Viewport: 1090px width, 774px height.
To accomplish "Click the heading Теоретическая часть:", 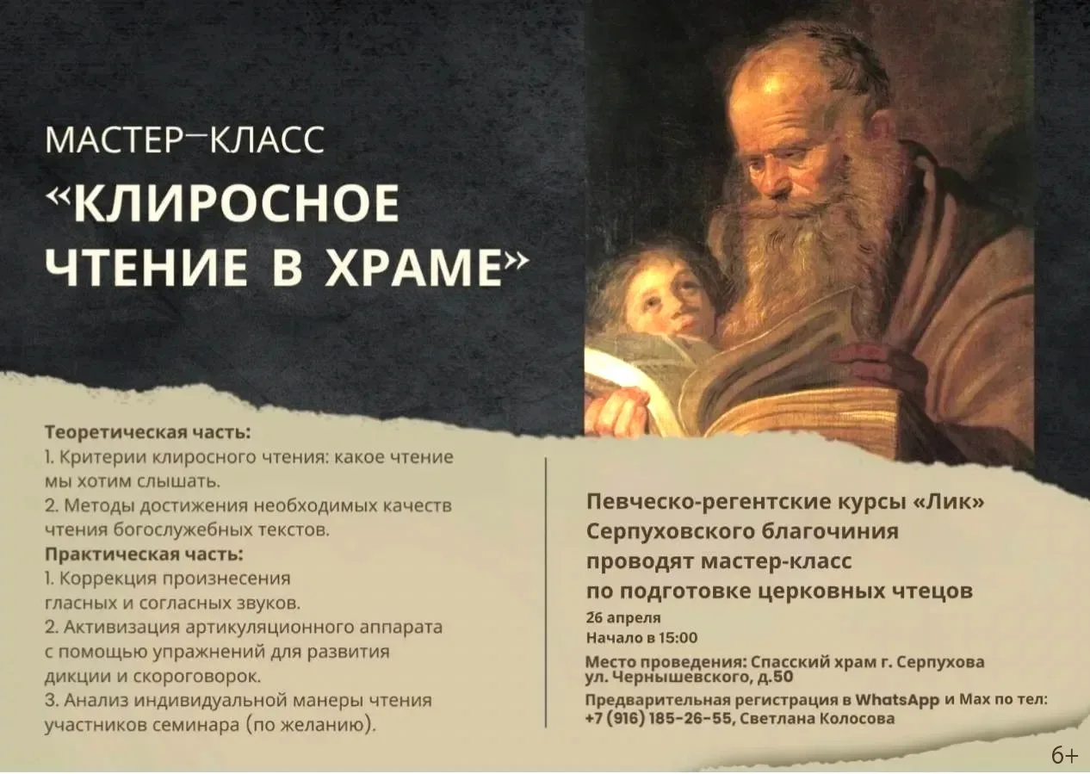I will click(147, 430).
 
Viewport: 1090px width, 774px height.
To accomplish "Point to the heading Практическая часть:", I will click(144, 553).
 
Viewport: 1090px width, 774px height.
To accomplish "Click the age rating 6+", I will click(1063, 756).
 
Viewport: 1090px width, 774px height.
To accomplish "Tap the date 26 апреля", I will click(623, 618).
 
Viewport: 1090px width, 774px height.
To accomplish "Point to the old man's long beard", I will click(801, 258).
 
